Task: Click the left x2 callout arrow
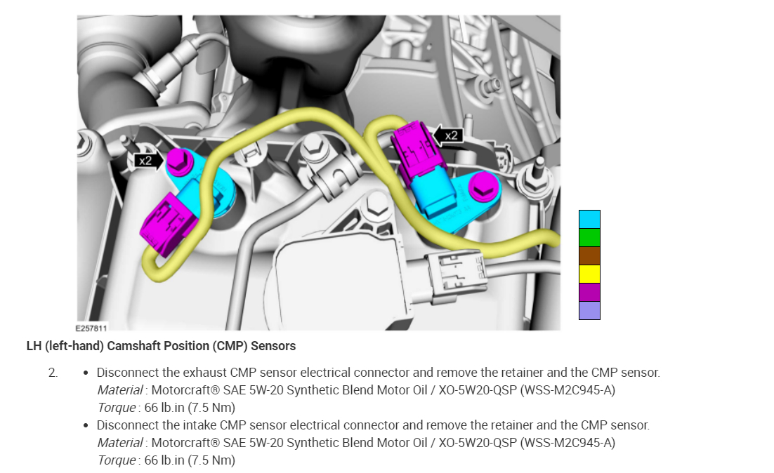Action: click(x=148, y=161)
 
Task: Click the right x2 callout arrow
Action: click(x=448, y=135)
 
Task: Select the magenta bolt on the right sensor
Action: click(x=482, y=187)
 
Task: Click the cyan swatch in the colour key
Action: click(x=589, y=219)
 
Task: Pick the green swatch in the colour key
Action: click(x=589, y=237)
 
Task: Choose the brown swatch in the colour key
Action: click(x=589, y=255)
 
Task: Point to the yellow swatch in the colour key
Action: click(x=589, y=274)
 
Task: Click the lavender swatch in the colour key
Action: click(x=589, y=310)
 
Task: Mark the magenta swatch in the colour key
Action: click(x=589, y=292)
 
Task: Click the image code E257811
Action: click(x=91, y=327)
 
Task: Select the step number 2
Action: click(x=53, y=373)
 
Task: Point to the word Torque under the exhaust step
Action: click(x=117, y=408)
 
